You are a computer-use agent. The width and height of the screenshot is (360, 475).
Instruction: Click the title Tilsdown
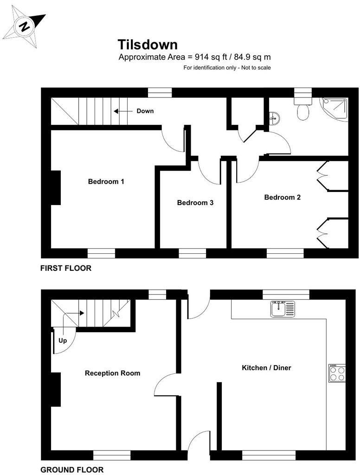tap(148, 45)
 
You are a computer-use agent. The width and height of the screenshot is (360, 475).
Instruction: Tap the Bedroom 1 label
tap(106, 182)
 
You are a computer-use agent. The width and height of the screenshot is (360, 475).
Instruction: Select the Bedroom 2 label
tap(282, 197)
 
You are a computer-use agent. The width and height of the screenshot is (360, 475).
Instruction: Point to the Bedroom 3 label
tap(195, 203)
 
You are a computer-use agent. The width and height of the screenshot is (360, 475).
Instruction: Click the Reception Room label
tap(112, 373)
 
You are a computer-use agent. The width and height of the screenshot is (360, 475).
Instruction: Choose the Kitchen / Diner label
tap(266, 368)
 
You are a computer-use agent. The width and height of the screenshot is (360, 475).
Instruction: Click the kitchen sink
tap(283, 308)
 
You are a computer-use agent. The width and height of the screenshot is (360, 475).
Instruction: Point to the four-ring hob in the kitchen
tap(337, 373)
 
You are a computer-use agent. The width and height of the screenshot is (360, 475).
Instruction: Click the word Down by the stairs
tap(145, 111)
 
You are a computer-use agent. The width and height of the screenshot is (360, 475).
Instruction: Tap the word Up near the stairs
tap(63, 340)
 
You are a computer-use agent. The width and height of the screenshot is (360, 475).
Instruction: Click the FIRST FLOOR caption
tap(66, 268)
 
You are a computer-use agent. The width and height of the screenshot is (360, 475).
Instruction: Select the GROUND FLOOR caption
tap(72, 469)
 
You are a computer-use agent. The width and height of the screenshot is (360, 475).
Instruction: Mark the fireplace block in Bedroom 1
tap(56, 187)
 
